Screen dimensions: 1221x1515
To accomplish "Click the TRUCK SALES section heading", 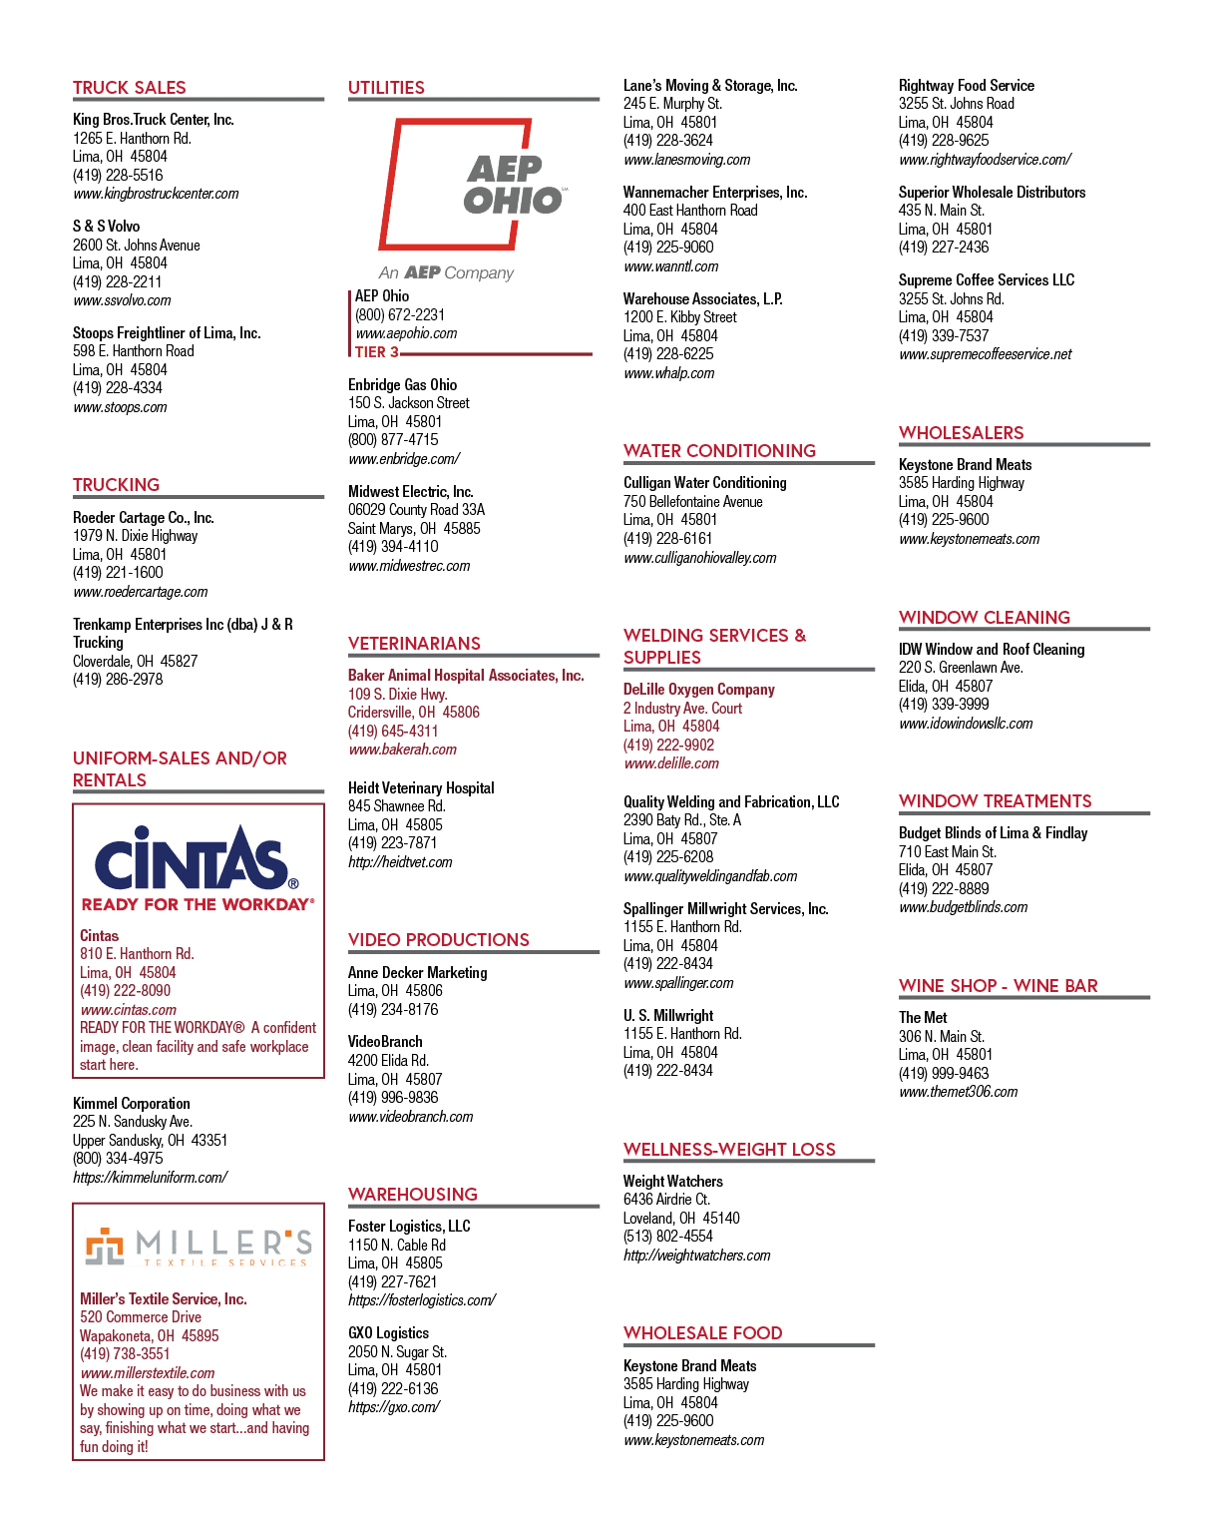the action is click(129, 87).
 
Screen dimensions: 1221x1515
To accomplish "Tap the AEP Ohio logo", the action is click(473, 200).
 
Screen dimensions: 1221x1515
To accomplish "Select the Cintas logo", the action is click(198, 867).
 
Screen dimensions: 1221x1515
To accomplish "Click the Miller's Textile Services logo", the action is click(198, 1247).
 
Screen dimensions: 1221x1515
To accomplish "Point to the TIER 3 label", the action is click(376, 352).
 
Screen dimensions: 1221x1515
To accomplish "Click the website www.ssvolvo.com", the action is click(122, 300).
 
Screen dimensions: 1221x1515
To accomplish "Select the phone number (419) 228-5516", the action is click(118, 175).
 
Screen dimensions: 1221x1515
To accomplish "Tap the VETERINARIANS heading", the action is click(414, 643).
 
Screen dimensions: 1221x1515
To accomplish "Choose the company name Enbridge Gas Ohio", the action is click(403, 384).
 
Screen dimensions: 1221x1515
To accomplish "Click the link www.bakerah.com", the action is click(403, 750).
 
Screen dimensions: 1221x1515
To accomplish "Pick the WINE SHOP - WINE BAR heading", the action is click(998, 985).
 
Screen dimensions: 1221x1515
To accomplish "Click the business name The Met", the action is click(923, 1017).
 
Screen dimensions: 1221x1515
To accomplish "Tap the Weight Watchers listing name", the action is click(672, 1181).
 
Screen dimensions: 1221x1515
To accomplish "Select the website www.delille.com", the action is click(671, 763).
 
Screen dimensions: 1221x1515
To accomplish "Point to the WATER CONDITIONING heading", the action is click(719, 450).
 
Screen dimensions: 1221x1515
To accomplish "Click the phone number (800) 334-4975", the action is click(118, 1158).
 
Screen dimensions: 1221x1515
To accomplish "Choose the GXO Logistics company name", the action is click(388, 1332).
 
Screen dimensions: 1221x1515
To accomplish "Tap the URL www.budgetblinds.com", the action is click(964, 907).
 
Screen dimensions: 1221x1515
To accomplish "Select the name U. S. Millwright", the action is click(668, 1015).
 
